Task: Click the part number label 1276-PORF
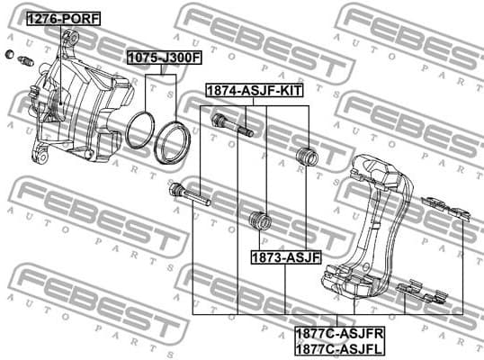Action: pos(62,18)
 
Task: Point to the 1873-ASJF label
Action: pos(286,257)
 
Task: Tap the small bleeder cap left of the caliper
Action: pos(10,56)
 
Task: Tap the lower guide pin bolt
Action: pos(188,194)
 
